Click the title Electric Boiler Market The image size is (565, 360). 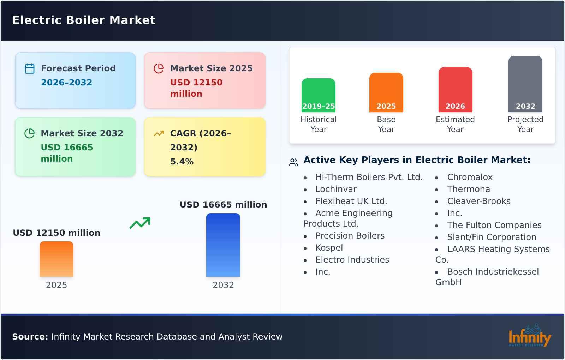(84, 20)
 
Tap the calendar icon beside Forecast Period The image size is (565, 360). (30, 68)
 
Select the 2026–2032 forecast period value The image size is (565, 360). (66, 82)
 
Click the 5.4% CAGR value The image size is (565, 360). (182, 162)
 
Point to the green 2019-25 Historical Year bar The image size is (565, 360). (318, 95)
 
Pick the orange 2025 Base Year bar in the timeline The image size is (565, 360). (386, 92)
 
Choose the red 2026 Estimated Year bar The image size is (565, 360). (455, 90)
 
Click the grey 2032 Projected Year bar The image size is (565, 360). (525, 84)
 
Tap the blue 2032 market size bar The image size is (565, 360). (223, 245)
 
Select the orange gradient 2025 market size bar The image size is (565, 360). (56, 259)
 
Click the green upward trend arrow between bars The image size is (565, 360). (140, 223)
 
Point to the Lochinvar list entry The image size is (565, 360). (336, 189)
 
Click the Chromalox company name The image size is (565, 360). (470, 177)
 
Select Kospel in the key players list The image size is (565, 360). (329, 248)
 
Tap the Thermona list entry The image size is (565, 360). (468, 189)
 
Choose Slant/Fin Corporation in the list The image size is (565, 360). (492, 237)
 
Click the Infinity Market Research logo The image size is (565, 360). (529, 336)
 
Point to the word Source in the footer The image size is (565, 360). (30, 337)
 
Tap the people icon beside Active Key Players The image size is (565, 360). (293, 162)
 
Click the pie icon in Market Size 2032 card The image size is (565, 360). (30, 133)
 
